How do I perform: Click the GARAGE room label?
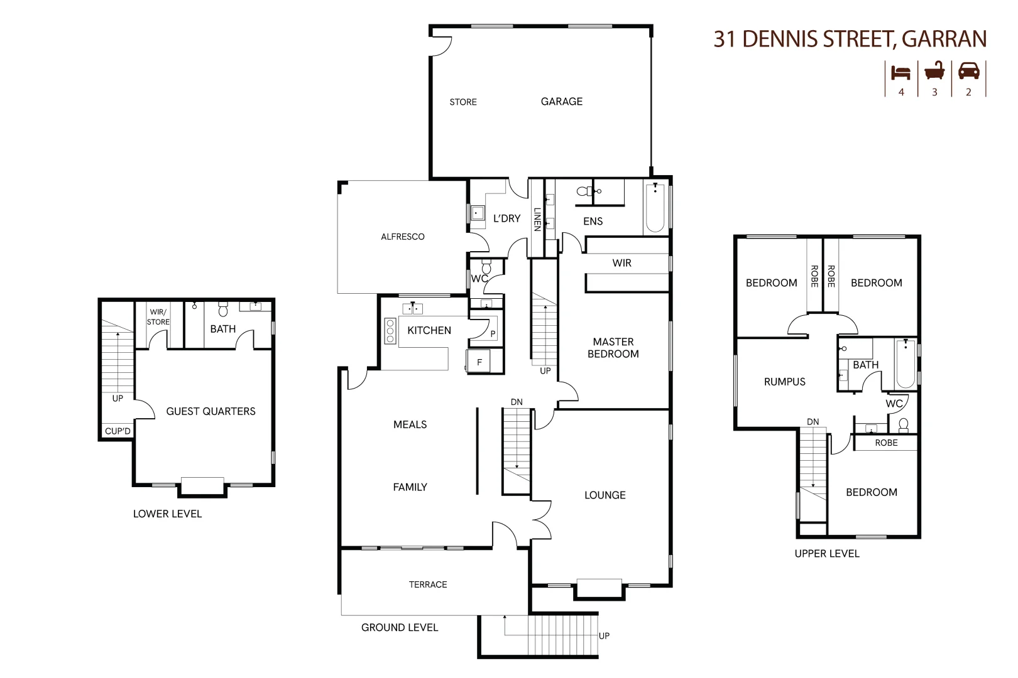point(561,101)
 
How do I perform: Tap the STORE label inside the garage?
point(463,102)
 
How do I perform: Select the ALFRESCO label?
point(403,237)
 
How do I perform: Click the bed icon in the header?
point(900,73)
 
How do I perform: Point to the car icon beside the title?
point(968,72)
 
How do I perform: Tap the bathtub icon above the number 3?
point(934,72)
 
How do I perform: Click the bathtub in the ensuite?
point(655,207)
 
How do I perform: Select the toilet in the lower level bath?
point(222,309)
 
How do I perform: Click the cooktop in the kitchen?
point(390,331)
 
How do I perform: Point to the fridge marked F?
point(479,362)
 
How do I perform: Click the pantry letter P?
point(493,334)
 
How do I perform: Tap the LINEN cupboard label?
point(537,219)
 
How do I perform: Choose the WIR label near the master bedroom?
point(621,263)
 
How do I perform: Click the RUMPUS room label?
point(784,382)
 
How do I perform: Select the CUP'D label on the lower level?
point(118,431)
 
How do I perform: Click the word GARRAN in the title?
point(944,39)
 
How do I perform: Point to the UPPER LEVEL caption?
point(827,554)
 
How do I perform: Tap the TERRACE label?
point(428,584)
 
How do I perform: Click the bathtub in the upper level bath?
point(906,364)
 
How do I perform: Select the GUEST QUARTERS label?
point(211,411)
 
